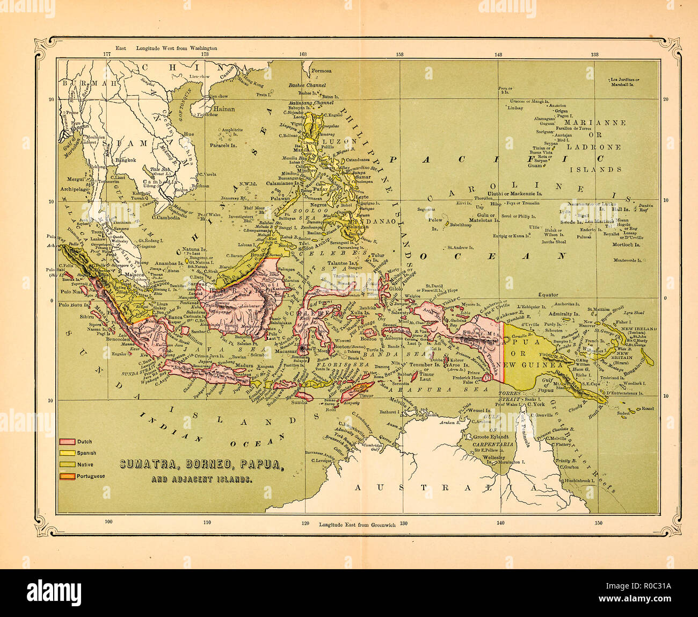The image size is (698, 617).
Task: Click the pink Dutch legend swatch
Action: (x=67, y=441)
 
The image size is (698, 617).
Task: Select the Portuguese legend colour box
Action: (x=67, y=476)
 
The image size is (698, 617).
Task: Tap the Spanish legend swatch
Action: (x=67, y=453)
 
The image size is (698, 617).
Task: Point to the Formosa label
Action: (x=322, y=70)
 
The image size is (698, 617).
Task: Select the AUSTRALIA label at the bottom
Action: (x=446, y=487)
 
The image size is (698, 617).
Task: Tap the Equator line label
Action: (x=547, y=295)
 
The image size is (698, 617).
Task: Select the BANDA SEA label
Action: (x=387, y=354)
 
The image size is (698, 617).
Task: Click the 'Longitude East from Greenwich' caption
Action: (x=357, y=524)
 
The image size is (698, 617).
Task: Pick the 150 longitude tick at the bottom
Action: (x=598, y=522)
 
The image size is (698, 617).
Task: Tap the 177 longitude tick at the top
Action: (x=107, y=54)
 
